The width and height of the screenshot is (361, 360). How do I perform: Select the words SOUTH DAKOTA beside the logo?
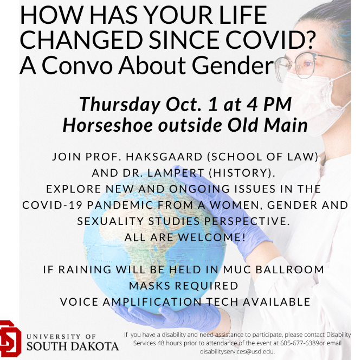pyautogui.click(x=73, y=345)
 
